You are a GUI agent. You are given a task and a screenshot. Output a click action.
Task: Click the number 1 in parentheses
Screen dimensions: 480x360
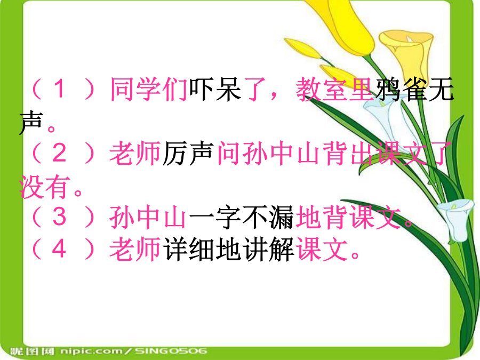[60, 89]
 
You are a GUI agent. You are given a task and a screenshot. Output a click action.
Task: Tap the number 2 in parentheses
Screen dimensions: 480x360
[59, 153]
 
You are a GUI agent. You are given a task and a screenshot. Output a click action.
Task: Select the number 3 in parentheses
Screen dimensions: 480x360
[59, 217]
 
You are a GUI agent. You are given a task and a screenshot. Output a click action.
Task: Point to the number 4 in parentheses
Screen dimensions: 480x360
[59, 249]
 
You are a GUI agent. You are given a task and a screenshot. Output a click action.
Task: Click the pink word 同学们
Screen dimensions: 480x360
[149, 89]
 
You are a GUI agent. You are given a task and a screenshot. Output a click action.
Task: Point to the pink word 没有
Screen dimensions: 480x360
[44, 187]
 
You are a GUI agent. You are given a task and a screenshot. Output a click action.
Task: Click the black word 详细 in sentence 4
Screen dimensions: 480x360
[189, 249]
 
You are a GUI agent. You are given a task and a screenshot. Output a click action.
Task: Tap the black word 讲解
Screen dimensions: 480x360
[268, 249]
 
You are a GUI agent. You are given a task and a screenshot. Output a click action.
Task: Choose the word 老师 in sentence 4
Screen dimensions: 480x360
[135, 249]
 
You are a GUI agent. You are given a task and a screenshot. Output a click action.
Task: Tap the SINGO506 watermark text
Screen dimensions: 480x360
[171, 351]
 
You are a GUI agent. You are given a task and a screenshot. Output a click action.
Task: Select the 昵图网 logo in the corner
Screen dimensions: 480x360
[32, 351]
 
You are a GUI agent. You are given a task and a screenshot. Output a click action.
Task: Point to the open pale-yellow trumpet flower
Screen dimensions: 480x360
[406, 53]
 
